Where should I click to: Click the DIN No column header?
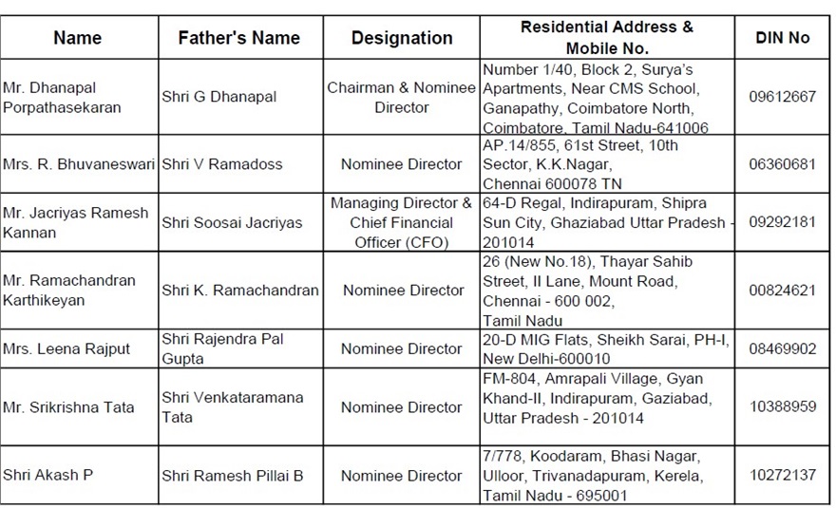[x=782, y=38]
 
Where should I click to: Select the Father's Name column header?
[x=238, y=38]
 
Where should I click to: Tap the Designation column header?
[x=402, y=38]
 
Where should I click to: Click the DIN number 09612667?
[x=782, y=98]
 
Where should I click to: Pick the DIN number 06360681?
[x=782, y=164]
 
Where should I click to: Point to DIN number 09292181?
[x=782, y=222]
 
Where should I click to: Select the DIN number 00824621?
[x=782, y=291]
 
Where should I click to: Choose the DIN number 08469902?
[x=782, y=348]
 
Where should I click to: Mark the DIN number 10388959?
[x=782, y=407]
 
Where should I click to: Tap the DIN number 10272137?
[x=782, y=475]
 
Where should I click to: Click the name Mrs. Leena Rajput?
[x=66, y=348]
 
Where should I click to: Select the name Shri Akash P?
[x=48, y=475]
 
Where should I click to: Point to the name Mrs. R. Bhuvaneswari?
[x=79, y=164]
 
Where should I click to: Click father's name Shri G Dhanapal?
[x=219, y=98]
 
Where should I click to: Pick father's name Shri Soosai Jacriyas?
[x=232, y=222]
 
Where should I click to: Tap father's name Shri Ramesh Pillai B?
[x=233, y=475]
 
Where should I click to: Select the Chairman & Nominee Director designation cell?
[x=402, y=98]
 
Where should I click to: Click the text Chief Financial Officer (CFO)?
[x=402, y=233]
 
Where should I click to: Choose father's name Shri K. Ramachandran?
[x=240, y=291]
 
